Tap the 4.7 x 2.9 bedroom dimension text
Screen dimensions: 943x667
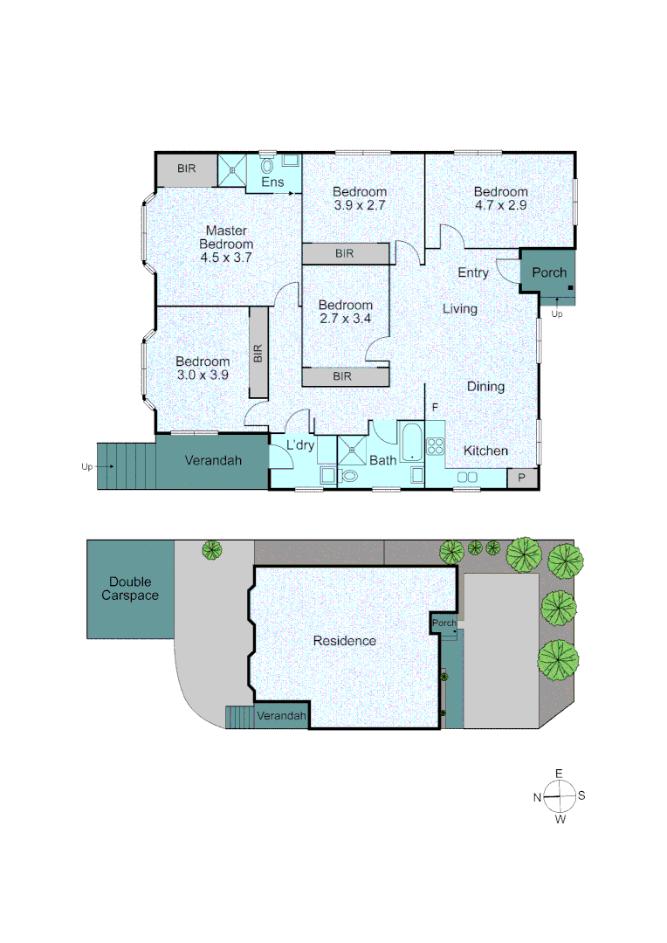[501, 206]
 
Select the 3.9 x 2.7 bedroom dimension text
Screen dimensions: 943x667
[359, 206]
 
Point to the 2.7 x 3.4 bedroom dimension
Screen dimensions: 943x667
[345, 319]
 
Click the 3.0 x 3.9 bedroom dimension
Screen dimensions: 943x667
[203, 375]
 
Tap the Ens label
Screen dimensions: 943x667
[272, 182]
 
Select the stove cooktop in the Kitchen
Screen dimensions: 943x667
[436, 446]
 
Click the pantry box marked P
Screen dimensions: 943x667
[522, 478]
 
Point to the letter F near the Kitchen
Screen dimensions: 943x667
[434, 408]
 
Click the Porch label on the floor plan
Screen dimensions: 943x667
[549, 272]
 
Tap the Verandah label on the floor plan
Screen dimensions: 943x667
[213, 460]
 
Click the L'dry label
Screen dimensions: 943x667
[300, 446]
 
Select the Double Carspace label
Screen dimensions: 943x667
[130, 589]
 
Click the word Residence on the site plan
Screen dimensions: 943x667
[345, 641]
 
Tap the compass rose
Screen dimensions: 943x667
[559, 795]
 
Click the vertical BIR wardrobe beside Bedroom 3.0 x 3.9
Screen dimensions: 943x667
[258, 354]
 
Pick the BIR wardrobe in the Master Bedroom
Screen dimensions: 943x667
[186, 169]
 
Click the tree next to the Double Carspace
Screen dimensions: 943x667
[211, 550]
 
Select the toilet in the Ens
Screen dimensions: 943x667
[267, 165]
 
